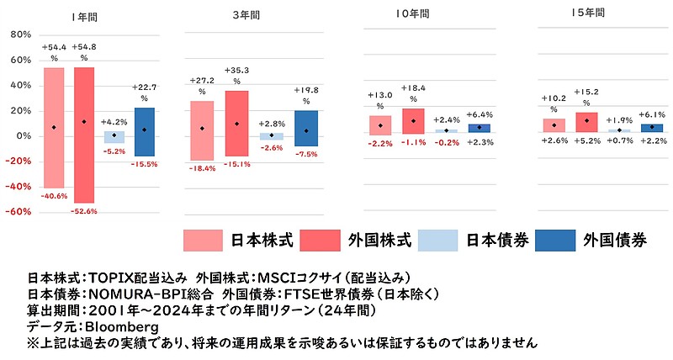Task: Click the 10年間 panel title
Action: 412,14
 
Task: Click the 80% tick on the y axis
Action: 20,34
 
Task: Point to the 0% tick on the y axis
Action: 23,135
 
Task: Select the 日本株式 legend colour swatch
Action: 203,240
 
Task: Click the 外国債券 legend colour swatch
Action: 554,240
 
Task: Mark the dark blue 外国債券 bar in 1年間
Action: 144,131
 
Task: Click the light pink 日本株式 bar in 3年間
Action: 202,130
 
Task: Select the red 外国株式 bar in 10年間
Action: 413,121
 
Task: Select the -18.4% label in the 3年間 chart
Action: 202,168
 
